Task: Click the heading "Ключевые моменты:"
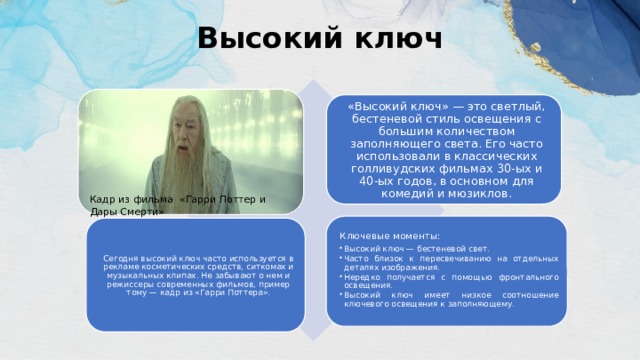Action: (384, 234)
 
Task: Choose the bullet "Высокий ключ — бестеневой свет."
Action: (416, 247)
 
